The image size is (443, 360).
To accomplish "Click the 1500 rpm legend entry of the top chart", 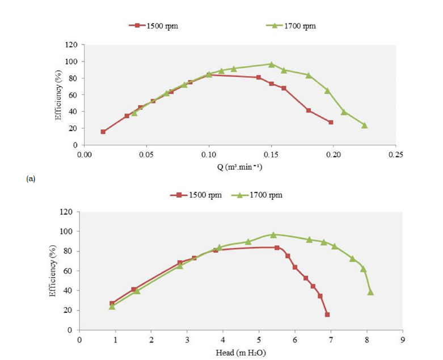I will [x=153, y=26].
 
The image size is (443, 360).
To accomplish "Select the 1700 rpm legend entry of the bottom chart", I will [x=258, y=195].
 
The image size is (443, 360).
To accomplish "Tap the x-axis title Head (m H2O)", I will [x=241, y=353].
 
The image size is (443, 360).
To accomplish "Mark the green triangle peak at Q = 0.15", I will [x=271, y=64].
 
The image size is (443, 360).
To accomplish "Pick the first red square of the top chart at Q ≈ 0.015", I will [x=103, y=132].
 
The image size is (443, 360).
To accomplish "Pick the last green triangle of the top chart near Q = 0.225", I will [x=364, y=125].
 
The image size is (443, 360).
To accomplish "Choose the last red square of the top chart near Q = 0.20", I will [x=331, y=122].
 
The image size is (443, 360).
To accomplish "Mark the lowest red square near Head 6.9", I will [x=327, y=315].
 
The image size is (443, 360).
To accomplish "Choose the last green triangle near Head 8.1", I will [x=370, y=292].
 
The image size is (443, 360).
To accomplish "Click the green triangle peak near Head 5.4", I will [x=273, y=235].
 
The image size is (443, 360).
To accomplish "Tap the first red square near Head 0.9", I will [x=112, y=303].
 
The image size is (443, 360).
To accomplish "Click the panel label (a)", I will [x=31, y=178].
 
